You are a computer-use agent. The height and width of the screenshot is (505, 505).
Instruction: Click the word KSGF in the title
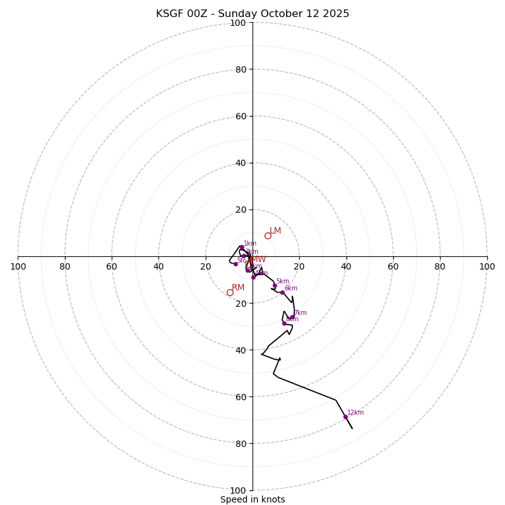tap(169, 14)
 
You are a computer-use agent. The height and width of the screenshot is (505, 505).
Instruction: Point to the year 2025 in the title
tap(336, 14)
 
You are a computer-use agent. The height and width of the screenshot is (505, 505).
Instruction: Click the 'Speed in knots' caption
tap(252, 499)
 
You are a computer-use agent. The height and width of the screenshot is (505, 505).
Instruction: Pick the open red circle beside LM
tap(268, 235)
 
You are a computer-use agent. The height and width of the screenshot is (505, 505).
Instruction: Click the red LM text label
tap(275, 231)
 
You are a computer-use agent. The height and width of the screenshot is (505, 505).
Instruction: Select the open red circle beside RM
tap(230, 292)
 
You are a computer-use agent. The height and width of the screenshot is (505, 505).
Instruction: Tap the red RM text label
tap(238, 288)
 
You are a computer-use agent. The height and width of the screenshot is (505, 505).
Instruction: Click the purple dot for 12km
tap(345, 417)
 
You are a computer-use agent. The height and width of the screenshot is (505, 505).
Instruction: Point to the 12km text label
tap(355, 413)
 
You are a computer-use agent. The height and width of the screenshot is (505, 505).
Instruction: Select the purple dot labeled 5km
tap(275, 285)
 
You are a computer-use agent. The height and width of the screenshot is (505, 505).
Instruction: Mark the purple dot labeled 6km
tap(282, 292)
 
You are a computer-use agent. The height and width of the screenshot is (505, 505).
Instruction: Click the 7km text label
tap(300, 313)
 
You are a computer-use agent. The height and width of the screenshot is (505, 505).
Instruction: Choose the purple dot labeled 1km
tap(241, 247)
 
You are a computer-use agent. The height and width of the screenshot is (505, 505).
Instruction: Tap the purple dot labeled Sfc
tap(235, 264)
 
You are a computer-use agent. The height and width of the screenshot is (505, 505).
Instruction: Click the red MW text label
tap(259, 259)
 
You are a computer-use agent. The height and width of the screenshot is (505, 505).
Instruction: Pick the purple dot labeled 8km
tap(284, 323)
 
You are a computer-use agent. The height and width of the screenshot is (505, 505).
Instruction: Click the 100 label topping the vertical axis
tap(238, 23)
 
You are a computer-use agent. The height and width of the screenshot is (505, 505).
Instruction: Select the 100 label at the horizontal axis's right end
tap(487, 266)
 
